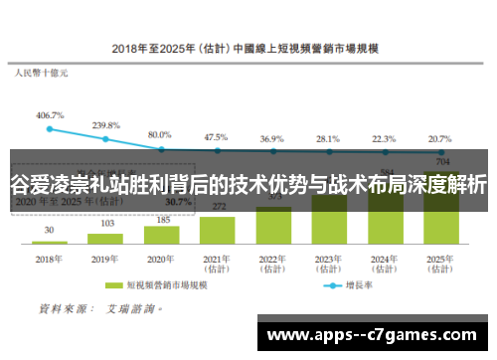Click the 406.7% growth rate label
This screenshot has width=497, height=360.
(50, 114)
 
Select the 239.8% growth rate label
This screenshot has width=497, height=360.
(106, 125)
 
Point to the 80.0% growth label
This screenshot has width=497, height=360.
(160, 133)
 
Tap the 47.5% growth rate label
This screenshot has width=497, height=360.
(216, 136)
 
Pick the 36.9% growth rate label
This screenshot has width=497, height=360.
(271, 139)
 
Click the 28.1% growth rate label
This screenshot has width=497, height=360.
(327, 139)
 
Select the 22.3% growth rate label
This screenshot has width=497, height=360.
(384, 139)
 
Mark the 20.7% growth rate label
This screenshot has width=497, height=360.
(439, 139)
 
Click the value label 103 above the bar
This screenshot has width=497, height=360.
(105, 224)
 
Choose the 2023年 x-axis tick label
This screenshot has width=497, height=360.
(328, 261)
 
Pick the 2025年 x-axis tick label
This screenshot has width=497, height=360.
(440, 261)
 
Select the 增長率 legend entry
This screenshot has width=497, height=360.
(373, 283)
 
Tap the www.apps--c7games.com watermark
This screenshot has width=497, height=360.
(374, 337)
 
